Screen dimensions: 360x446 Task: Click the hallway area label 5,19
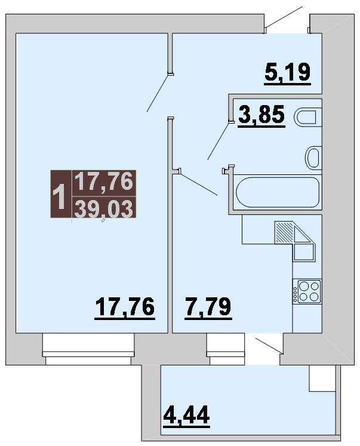(x=288, y=73)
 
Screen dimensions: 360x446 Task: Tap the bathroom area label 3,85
(x=261, y=115)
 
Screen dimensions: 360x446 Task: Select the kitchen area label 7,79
(x=208, y=307)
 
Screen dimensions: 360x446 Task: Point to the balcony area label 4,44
(x=186, y=416)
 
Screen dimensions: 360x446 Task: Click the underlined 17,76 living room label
(x=125, y=307)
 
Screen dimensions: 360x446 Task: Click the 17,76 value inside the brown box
(x=104, y=182)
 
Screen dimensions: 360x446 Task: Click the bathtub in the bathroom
(x=278, y=192)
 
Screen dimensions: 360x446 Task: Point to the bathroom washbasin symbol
(x=313, y=158)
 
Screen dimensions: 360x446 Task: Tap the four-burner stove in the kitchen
(x=307, y=291)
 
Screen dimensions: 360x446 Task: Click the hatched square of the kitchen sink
(x=284, y=233)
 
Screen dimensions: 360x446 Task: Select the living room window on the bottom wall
(x=88, y=349)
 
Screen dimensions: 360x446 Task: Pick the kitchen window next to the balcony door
(x=226, y=349)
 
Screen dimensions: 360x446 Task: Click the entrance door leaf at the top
(x=284, y=17)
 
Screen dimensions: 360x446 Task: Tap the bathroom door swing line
(x=219, y=141)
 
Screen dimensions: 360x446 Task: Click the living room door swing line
(x=158, y=93)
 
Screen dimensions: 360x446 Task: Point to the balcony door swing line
(x=269, y=346)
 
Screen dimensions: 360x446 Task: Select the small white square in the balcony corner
(x=322, y=379)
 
